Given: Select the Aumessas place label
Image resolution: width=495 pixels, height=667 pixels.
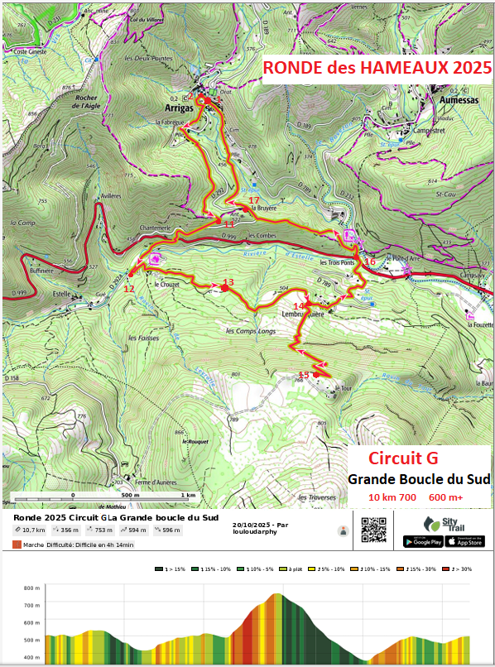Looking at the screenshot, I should (x=448, y=98).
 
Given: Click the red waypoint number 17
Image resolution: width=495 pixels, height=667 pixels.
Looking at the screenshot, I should (x=253, y=200).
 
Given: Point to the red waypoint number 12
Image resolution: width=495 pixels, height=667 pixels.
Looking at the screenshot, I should (x=128, y=289).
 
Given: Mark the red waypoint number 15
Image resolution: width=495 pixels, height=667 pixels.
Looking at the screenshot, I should (x=303, y=375).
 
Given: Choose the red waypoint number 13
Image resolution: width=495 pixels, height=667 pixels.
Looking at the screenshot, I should (x=228, y=282).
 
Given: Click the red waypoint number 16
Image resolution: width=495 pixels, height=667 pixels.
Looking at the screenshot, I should (x=369, y=262).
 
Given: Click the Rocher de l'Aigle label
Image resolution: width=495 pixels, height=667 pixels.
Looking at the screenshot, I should (x=87, y=101).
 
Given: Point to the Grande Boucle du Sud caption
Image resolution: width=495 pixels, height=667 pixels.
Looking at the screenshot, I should (x=419, y=479).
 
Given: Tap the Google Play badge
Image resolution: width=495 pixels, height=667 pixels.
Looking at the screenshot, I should (x=422, y=541).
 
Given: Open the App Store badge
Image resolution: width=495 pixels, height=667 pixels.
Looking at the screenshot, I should (x=464, y=541).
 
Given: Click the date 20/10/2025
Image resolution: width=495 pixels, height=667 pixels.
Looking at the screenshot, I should (x=252, y=525).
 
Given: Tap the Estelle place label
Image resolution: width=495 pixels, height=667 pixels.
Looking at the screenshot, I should (x=63, y=292).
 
